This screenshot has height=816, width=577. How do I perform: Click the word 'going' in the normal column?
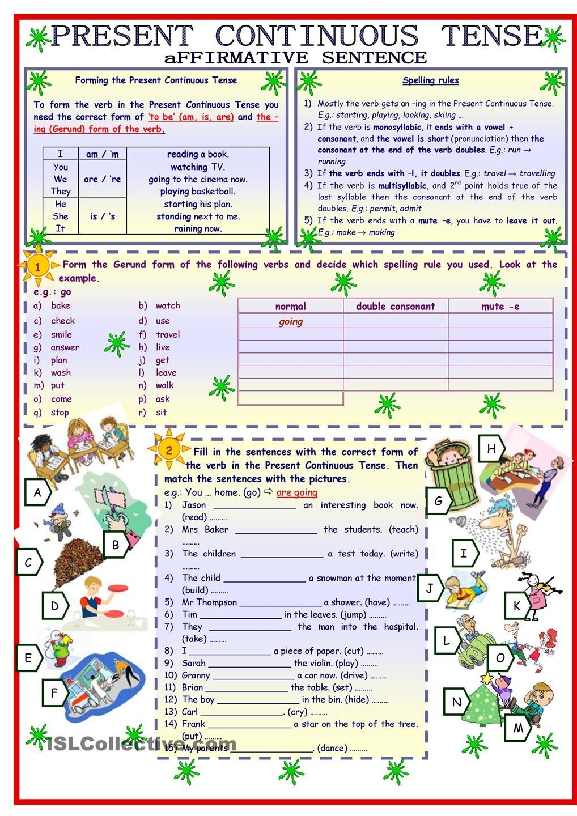(291, 322)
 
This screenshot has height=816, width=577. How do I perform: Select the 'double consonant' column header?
(395, 307)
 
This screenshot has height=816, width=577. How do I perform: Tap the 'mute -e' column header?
(500, 307)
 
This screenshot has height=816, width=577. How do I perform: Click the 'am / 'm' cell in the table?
(102, 154)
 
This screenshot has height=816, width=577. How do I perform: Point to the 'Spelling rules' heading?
(430, 80)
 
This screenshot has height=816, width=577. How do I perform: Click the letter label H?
(491, 449)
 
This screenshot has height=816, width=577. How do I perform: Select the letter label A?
(37, 492)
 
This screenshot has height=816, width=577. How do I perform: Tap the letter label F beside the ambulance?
(54, 692)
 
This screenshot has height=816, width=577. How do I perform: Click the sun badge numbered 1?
(37, 266)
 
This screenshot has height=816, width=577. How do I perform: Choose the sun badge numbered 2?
(169, 450)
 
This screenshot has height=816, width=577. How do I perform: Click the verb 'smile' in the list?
(61, 334)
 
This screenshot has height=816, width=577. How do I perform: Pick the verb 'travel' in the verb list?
(168, 334)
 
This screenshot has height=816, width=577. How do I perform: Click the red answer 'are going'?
(297, 492)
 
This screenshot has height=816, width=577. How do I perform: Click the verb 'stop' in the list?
(60, 413)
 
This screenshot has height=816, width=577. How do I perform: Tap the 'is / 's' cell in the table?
(102, 216)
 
